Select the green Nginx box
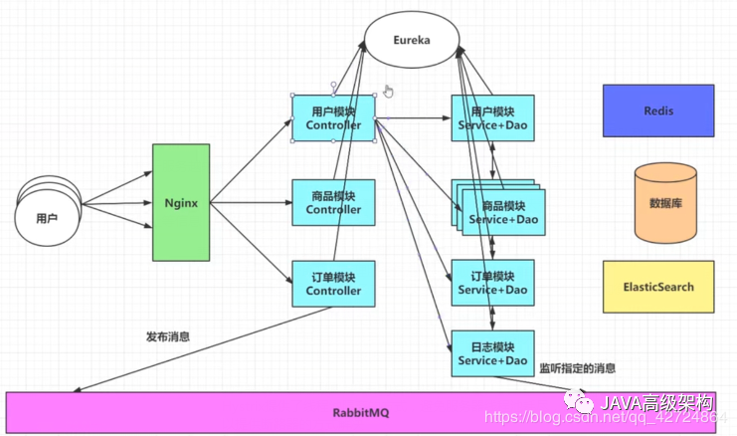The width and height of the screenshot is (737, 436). point(181,202)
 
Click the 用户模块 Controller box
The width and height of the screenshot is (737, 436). point(333,118)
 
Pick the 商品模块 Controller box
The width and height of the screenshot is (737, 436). point(333,202)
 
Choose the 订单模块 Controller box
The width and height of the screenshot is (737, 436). point(333,284)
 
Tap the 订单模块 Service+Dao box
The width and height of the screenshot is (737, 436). point(492,283)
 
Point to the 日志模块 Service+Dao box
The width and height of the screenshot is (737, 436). point(492,353)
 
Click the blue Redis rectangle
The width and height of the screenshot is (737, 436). point(657,110)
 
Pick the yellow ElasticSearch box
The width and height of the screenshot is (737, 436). point(657,287)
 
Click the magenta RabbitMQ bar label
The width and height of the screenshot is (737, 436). point(359,412)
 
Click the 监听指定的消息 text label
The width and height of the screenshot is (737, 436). point(576,367)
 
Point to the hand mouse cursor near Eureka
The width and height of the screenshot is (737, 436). point(389,92)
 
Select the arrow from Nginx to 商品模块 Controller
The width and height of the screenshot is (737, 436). point(251,202)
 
